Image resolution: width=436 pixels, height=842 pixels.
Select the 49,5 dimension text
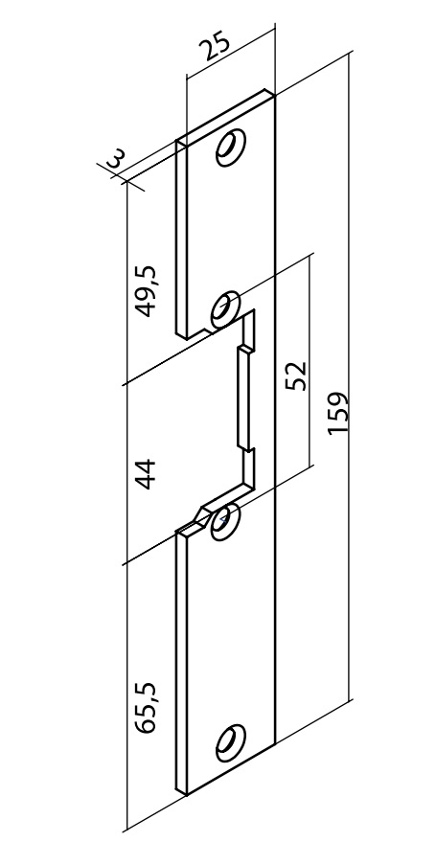[146, 291]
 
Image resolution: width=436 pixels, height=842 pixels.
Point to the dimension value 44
[145, 474]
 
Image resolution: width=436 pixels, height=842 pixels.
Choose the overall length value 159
[339, 414]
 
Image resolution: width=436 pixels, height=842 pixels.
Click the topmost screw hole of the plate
[231, 148]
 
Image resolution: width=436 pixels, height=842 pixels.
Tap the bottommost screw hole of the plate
[231, 742]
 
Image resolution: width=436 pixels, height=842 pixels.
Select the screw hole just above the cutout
[225, 309]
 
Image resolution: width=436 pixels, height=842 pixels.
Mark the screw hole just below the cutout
[225, 522]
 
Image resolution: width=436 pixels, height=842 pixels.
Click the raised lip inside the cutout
[243, 398]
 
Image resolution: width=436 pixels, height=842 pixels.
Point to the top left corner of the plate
[177, 141]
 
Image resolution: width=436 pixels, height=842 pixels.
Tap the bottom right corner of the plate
[275, 744]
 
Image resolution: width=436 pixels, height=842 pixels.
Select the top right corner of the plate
[275, 97]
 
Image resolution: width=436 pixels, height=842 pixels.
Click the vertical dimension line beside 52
[310, 361]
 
